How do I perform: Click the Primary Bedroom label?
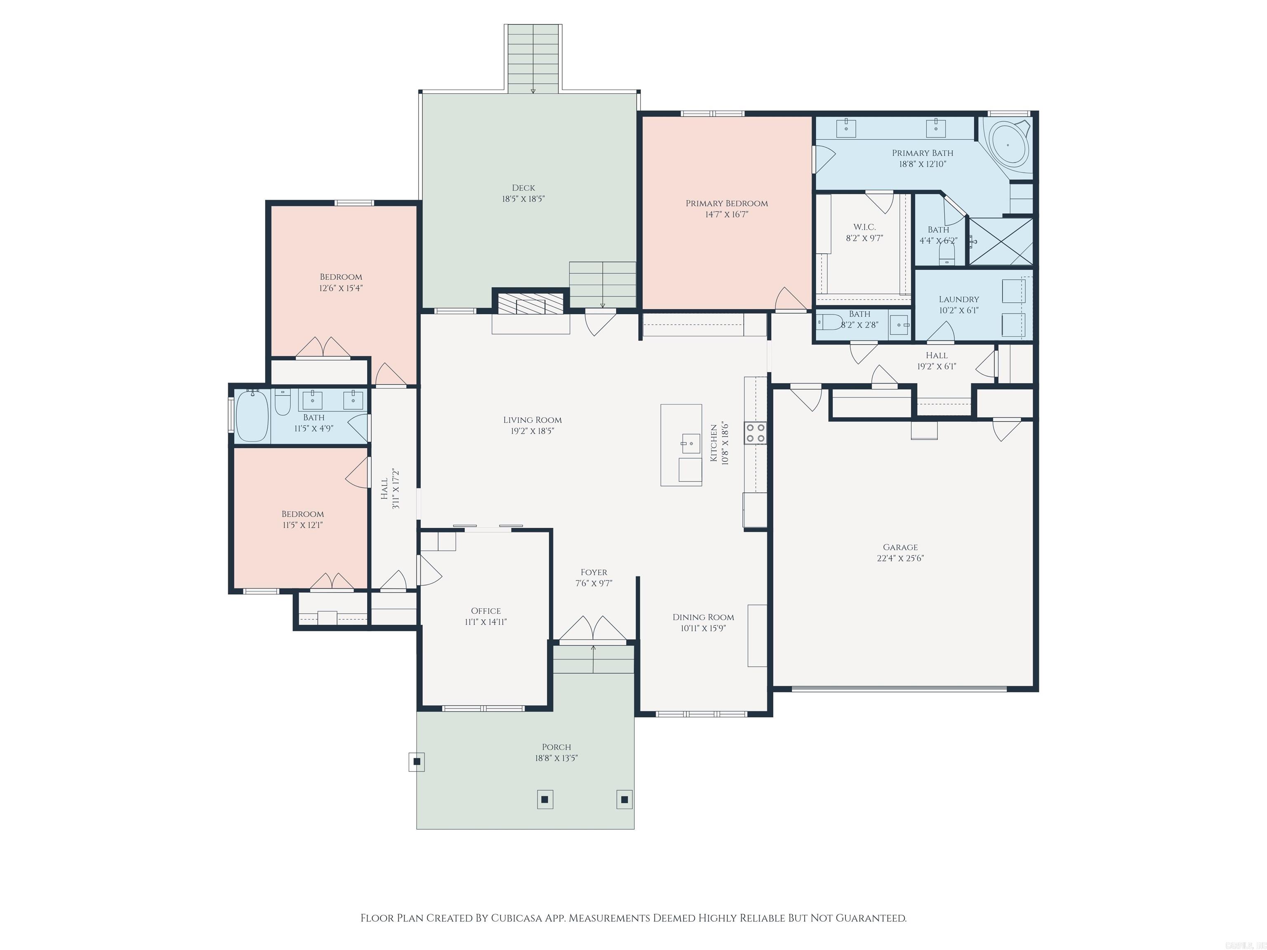point(726,203)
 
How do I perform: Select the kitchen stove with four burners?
point(755,433)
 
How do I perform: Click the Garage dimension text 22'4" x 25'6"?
point(900,558)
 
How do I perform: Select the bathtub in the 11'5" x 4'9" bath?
point(252,416)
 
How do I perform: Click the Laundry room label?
point(958,299)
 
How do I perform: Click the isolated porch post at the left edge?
point(417,762)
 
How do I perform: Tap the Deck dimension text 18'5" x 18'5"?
point(523,199)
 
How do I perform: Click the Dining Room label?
point(703,617)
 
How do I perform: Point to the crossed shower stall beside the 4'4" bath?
point(1000,242)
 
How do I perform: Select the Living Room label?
point(532,420)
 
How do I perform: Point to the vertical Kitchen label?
point(714,443)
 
